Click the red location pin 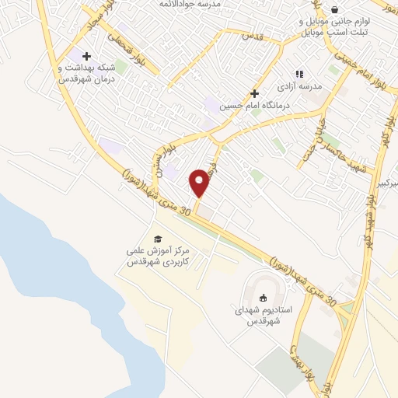pyautogui.click(x=200, y=183)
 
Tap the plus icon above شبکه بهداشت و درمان pyautogui.click(x=86, y=56)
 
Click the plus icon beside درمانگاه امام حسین pyautogui.click(x=254, y=93)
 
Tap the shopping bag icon pyautogui.click(x=334, y=9)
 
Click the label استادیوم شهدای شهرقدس pyautogui.click(x=263, y=315)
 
